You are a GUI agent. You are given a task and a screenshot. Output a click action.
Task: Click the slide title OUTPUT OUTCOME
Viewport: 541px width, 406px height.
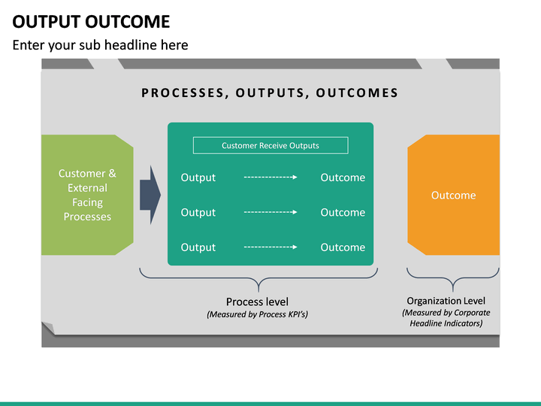tap(91, 21)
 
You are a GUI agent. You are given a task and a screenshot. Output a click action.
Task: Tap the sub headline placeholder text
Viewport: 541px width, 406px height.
tap(100, 45)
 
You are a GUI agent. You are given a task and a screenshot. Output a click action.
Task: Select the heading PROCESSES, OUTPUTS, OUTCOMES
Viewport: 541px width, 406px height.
tap(270, 93)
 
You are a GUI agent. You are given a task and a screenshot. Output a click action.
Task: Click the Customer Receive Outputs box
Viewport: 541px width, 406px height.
tap(270, 146)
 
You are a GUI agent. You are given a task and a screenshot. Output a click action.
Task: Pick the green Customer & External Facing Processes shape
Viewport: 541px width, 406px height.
tap(87, 195)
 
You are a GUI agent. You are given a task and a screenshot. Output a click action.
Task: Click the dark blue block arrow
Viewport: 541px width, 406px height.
tap(150, 195)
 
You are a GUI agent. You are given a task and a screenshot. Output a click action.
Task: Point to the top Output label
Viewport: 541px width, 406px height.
tap(198, 177)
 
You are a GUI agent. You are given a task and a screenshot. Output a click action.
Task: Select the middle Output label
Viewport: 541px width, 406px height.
tap(198, 212)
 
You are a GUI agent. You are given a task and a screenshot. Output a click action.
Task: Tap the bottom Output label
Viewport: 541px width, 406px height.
tap(198, 247)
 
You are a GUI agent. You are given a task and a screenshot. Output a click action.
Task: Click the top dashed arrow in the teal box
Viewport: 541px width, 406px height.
tap(270, 177)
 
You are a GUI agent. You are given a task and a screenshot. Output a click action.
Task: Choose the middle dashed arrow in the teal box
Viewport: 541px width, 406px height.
tap(270, 212)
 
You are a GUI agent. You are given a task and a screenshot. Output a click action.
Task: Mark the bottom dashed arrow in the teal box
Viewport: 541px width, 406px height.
tap(270, 247)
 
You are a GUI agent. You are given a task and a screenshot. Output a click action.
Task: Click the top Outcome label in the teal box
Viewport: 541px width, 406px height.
tap(343, 177)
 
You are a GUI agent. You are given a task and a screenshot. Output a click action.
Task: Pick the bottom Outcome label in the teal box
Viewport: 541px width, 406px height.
tap(343, 247)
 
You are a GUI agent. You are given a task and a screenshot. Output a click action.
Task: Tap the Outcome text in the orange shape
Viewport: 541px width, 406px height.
tap(453, 195)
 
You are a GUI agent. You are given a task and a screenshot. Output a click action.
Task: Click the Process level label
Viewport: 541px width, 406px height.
tap(257, 301)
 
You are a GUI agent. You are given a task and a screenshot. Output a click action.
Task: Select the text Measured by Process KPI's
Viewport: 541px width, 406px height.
tap(257, 314)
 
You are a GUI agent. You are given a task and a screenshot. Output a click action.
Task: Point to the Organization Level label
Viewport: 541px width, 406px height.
tap(446, 301)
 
